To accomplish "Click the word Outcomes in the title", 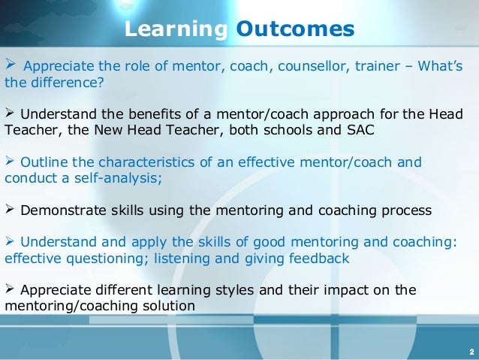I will click(x=295, y=29).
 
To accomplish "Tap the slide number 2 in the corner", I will click(x=470, y=351).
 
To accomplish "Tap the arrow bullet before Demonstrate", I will click(x=11, y=210).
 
